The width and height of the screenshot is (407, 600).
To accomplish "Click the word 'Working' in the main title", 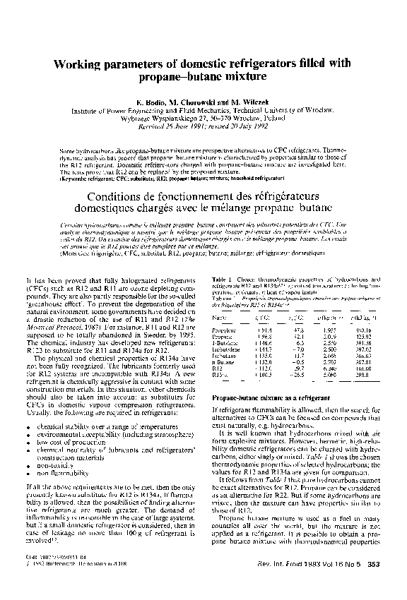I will coord(78,63).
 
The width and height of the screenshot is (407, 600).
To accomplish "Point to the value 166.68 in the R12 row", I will coord(364,368).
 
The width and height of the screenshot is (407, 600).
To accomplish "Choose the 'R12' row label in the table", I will coord(218,368).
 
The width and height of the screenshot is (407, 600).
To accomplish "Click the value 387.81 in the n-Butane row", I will coord(364,361).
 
